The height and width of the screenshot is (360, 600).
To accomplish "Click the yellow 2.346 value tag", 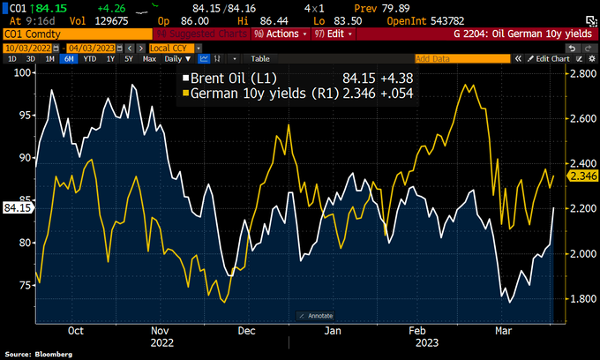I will coord(584,176).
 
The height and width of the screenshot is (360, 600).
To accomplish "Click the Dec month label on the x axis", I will coord(247,331).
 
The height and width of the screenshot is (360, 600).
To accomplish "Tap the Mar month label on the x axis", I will coord(505,331).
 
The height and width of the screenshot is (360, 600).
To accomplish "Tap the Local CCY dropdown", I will coord(174,46).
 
